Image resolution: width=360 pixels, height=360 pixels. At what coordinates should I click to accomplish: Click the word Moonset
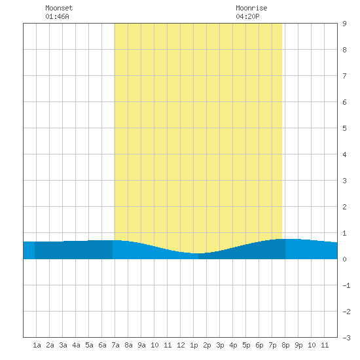(x=59, y=8)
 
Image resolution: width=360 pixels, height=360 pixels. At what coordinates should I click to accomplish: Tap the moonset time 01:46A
(x=57, y=16)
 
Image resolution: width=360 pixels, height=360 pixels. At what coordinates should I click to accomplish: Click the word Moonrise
(x=251, y=8)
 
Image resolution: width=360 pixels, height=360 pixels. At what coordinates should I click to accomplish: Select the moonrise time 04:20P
(x=247, y=16)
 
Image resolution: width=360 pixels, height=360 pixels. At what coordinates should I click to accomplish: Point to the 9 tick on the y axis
(x=344, y=24)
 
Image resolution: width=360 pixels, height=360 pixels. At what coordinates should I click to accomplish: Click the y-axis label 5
(x=344, y=128)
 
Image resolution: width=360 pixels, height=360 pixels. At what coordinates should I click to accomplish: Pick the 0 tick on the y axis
(x=344, y=259)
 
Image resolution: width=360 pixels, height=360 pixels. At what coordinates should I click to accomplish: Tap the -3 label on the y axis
(x=346, y=338)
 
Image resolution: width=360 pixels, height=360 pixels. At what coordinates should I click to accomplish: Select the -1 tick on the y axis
(x=346, y=285)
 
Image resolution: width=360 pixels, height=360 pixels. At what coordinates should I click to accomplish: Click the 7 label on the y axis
(x=344, y=76)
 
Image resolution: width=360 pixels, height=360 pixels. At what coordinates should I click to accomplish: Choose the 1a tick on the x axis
(x=37, y=345)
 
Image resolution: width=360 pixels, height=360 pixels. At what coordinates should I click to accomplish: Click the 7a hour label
(x=115, y=345)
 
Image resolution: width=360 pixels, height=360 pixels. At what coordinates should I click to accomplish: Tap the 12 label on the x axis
(x=181, y=345)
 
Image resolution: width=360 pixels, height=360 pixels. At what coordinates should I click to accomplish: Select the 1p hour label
(x=194, y=345)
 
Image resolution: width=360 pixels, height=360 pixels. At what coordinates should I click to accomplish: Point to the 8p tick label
(x=285, y=345)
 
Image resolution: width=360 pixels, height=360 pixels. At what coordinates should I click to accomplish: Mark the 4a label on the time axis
(x=76, y=345)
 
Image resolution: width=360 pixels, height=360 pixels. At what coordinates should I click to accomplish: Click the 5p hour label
(x=246, y=345)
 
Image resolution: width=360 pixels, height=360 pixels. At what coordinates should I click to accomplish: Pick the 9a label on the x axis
(x=141, y=345)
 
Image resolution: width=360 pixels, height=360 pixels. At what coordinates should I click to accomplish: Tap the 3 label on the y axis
(x=344, y=181)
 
